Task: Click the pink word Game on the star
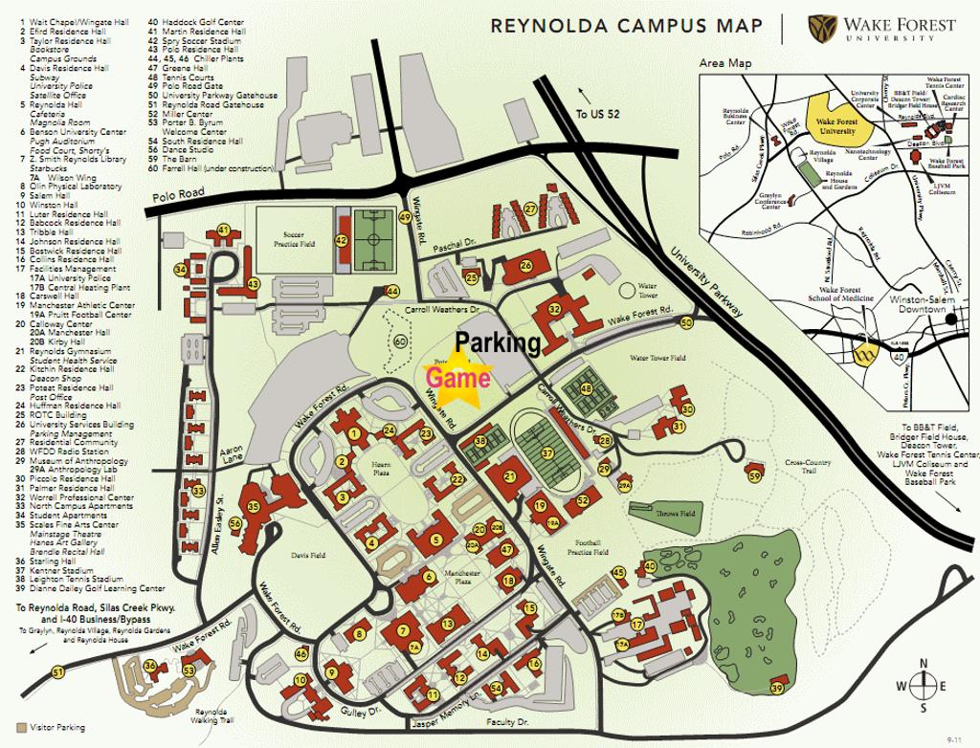[x=465, y=379]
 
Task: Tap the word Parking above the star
[x=497, y=341]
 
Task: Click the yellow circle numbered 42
[x=342, y=240]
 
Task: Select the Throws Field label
[x=676, y=513]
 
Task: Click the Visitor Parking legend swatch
[x=21, y=727]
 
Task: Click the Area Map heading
[x=725, y=63]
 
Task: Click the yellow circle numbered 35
[x=253, y=506]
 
